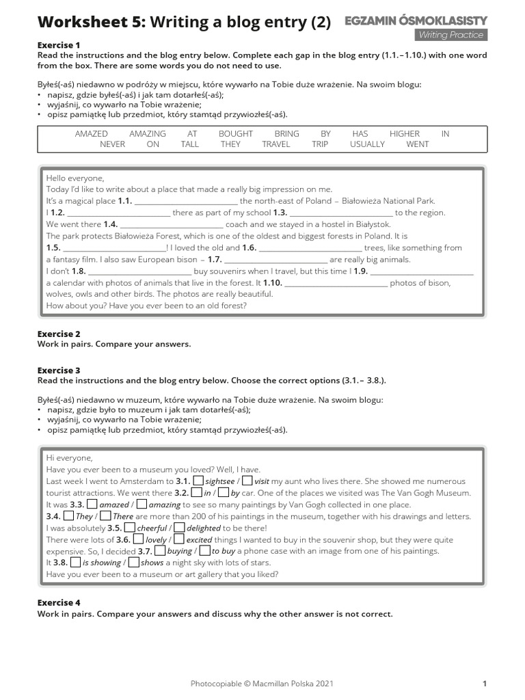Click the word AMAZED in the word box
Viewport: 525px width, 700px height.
click(91, 134)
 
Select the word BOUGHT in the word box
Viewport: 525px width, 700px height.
click(236, 134)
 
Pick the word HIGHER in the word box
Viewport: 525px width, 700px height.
click(405, 134)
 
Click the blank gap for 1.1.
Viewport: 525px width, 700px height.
click(185, 202)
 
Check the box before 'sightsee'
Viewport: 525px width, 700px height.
click(199, 481)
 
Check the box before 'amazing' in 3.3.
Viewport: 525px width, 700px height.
click(142, 504)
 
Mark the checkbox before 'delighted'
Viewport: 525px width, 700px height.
click(179, 527)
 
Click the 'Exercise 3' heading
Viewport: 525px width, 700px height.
click(59, 370)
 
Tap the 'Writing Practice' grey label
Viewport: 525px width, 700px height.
click(450, 35)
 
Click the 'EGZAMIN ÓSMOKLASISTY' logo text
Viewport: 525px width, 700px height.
click(416, 21)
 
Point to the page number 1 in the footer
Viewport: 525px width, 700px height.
click(484, 683)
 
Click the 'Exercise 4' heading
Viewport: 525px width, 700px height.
click(59, 602)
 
